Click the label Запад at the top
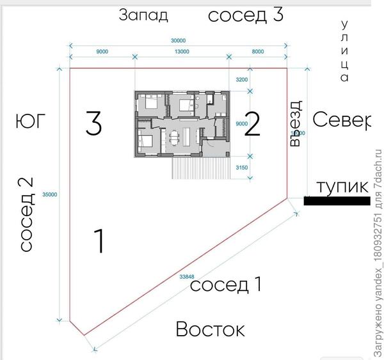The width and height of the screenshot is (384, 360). click(144, 15)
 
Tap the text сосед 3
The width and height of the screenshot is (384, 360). click(246, 15)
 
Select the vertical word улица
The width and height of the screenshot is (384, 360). click(345, 51)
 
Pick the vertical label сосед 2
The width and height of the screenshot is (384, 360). click(26, 214)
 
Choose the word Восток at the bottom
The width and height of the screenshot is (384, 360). click(210, 330)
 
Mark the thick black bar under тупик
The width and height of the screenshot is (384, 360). click(337, 201)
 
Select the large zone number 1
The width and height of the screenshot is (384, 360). click(99, 240)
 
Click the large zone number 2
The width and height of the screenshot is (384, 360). click(252, 125)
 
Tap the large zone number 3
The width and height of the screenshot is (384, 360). click(93, 123)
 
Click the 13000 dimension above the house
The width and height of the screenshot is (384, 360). click(181, 52)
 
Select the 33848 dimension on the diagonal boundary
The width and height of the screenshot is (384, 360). click(188, 277)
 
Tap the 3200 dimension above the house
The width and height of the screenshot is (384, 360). click(242, 80)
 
